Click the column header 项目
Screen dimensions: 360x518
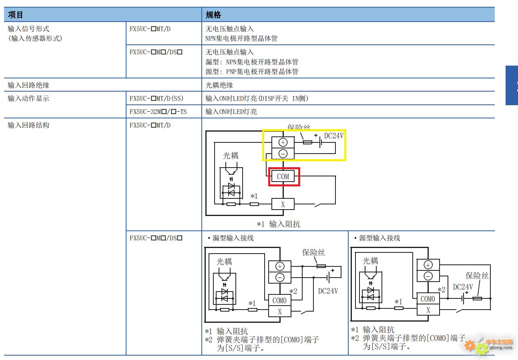(16, 15)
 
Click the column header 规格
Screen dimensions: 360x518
(213, 15)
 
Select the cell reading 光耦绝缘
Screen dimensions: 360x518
(219, 85)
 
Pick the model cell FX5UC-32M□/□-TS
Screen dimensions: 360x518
(158, 112)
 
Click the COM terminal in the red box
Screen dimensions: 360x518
(283, 176)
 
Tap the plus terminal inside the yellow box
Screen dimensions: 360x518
(283, 142)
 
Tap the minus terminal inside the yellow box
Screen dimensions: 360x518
(283, 153)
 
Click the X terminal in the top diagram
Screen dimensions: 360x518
(283, 204)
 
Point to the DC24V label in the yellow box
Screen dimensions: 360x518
(333, 136)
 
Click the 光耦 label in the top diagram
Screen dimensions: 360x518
(231, 156)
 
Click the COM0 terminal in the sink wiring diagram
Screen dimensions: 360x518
(279, 300)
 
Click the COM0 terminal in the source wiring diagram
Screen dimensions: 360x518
(428, 299)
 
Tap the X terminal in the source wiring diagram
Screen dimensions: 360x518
(428, 310)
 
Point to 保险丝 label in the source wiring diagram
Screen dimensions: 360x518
(477, 276)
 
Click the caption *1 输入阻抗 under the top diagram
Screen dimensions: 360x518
(279, 224)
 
